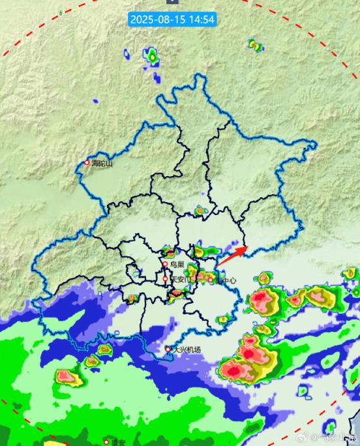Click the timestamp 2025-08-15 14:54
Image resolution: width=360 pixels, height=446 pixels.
pos(173,19)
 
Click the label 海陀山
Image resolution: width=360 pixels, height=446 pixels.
pos(102,163)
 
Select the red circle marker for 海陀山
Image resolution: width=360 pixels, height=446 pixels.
pos(87,162)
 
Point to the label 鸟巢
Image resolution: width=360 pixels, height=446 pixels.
pos(177,264)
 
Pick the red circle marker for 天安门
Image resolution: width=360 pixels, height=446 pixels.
pos(165,279)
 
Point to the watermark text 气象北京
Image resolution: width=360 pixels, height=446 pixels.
pos(339,437)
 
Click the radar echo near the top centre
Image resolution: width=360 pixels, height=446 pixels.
pos(153,57)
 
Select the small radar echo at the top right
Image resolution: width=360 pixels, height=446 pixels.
pos(254,45)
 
